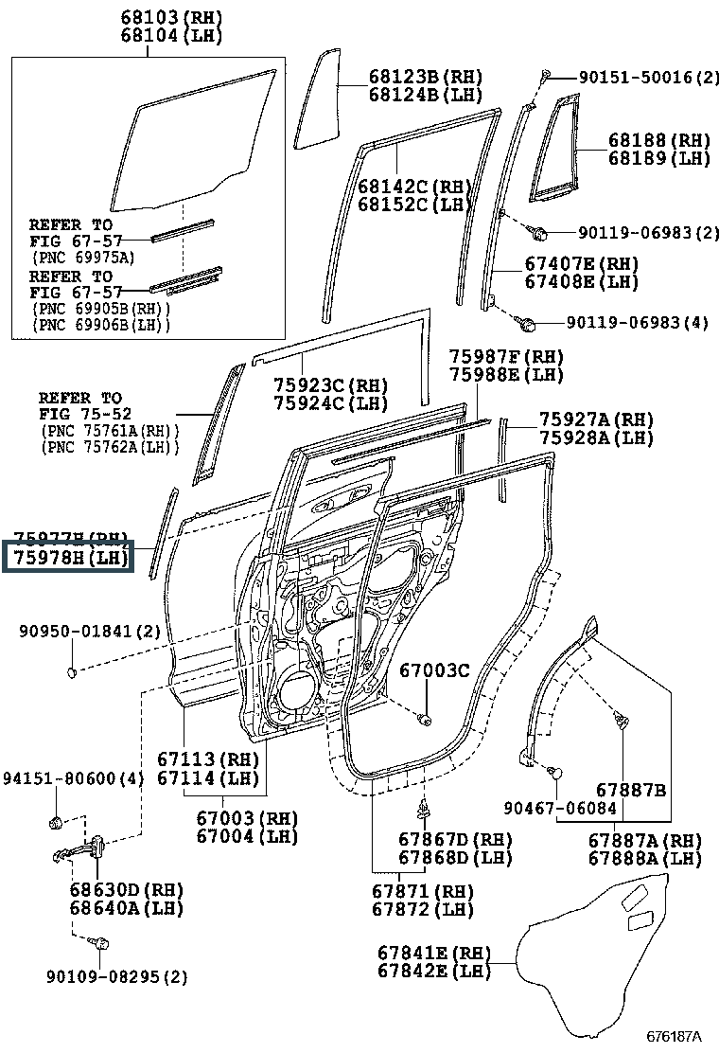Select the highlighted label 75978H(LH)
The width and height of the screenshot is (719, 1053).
tap(69, 558)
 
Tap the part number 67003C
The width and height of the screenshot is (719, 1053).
tap(433, 671)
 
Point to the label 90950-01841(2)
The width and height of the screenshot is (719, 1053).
tap(89, 630)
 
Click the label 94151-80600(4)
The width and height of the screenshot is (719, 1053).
tap(71, 778)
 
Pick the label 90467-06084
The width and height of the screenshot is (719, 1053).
tap(559, 808)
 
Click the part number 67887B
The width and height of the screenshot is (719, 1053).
tap(631, 789)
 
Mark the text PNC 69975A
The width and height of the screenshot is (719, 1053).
tap(83, 257)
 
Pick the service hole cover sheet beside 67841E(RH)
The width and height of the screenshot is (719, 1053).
tap(605, 956)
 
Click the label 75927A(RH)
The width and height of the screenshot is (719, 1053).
tap(596, 419)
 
